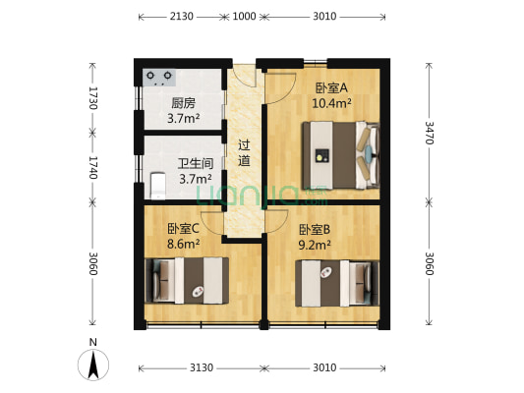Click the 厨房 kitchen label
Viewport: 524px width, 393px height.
[184, 102]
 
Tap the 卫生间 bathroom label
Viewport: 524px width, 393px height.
[194, 164]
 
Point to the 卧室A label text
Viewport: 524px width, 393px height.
[331, 86]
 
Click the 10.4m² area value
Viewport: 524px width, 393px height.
[331, 102]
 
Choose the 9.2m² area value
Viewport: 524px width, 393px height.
[315, 246]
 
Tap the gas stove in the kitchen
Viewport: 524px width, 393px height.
[159, 76]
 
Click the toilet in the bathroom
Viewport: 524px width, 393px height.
[157, 185]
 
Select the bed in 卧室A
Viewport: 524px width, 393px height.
[339, 153]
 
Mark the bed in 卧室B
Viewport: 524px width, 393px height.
[337, 283]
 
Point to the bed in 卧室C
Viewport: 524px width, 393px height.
[187, 280]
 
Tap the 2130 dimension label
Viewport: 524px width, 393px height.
[181, 17]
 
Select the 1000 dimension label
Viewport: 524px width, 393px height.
[244, 17]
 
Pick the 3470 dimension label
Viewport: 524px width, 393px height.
[430, 134]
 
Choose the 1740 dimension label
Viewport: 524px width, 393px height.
[93, 166]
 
